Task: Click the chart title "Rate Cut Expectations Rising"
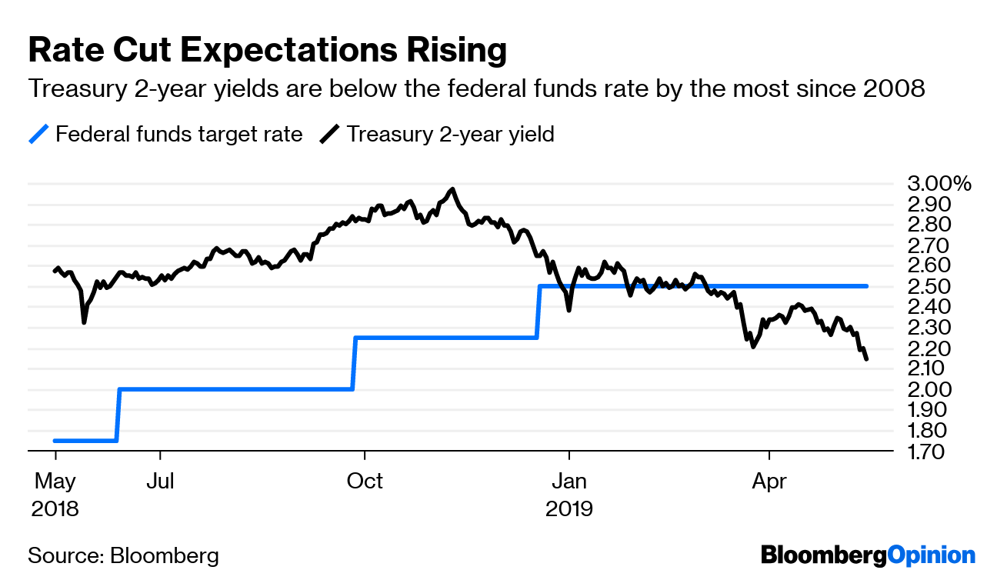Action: coord(268,51)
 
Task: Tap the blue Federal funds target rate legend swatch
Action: coord(39,135)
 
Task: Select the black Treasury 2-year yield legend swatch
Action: coord(330,135)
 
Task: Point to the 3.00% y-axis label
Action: coord(939,184)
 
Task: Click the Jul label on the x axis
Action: coord(160,482)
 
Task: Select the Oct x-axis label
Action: coord(365,482)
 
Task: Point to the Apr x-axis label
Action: coord(769,482)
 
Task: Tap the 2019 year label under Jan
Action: coord(569,508)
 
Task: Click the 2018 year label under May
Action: coord(55,508)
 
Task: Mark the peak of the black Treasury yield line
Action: coord(452,189)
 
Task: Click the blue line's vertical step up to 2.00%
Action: coord(118,415)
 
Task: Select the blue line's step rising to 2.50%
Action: coord(539,312)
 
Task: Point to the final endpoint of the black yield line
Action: coord(867,359)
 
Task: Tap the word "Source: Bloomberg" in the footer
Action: coord(123,555)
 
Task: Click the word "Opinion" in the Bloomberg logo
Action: coord(931,555)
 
